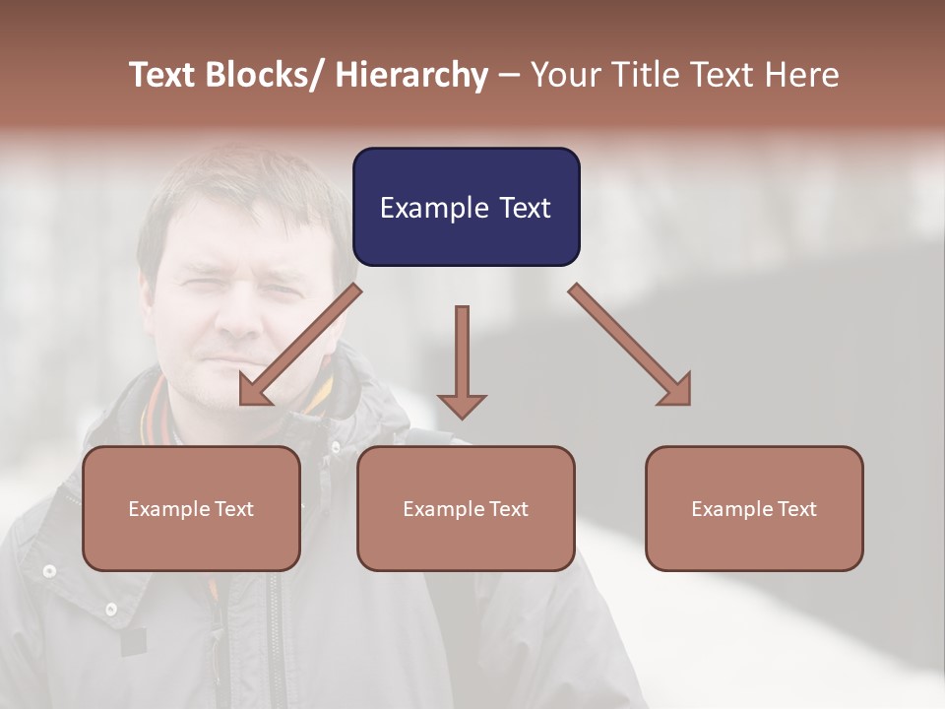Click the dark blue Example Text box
tap(466, 207)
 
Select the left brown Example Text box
tap(191, 508)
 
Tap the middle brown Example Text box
tap(466, 508)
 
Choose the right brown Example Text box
tap(754, 508)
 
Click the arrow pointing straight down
tap(462, 360)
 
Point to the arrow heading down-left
tap(300, 345)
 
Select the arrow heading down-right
tap(630, 345)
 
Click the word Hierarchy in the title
tap(411, 75)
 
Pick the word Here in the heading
tap(803, 75)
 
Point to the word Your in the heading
tap(564, 75)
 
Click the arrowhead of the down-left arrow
tap(254, 393)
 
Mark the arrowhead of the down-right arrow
tap(676, 391)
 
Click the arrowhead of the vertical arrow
tap(462, 405)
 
